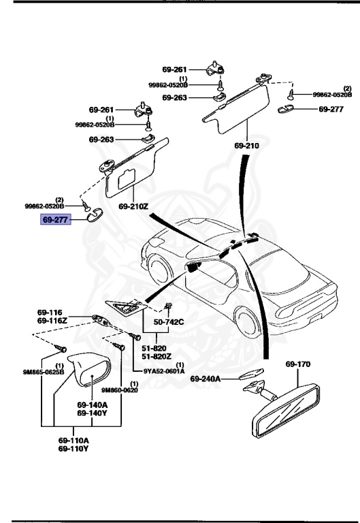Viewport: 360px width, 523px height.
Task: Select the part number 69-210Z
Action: coord(133,205)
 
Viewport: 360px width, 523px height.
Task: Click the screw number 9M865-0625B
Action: coord(44,372)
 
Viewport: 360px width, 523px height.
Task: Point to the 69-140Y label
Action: coord(91,413)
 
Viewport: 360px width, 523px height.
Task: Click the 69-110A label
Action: coord(73,440)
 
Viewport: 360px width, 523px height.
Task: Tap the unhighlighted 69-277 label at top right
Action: coord(331,109)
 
